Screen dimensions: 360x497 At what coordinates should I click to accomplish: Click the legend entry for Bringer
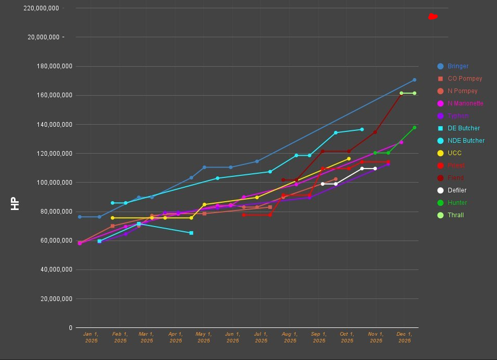(x=458, y=66)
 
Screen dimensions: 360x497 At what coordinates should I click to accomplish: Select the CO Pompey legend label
(x=464, y=79)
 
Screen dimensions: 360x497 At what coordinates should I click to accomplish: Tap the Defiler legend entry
(x=457, y=190)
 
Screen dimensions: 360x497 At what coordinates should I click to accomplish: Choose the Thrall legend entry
(x=456, y=215)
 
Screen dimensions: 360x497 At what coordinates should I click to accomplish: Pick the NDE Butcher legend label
(x=466, y=141)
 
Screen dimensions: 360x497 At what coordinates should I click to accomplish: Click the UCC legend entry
(x=454, y=153)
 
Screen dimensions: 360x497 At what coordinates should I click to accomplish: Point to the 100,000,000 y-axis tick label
(x=50, y=183)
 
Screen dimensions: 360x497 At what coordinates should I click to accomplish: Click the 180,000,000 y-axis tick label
(x=50, y=66)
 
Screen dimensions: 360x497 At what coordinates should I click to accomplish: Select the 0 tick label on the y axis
(x=70, y=328)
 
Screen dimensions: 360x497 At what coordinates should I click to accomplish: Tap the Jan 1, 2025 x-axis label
(x=91, y=337)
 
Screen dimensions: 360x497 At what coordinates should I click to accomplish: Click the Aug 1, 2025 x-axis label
(x=290, y=337)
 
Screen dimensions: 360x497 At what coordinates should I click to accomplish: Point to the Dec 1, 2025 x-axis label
(x=404, y=337)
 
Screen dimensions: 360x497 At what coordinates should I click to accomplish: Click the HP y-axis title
(x=15, y=204)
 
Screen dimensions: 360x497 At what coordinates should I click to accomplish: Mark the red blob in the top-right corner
(x=433, y=17)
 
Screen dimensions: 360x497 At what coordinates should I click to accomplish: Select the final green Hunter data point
(x=414, y=127)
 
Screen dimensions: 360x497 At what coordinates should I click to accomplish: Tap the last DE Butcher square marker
(x=191, y=233)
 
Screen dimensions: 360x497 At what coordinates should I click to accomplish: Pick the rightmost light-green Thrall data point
(x=414, y=93)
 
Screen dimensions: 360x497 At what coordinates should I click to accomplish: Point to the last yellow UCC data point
(x=348, y=159)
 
